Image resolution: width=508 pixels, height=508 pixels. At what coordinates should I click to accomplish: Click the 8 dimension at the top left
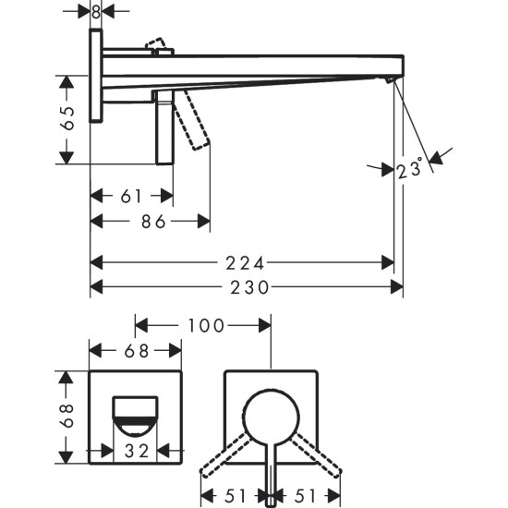coord(96,11)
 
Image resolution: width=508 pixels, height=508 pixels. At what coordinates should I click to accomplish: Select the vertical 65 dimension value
coord(67,120)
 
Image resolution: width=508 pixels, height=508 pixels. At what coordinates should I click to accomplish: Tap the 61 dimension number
coord(131,196)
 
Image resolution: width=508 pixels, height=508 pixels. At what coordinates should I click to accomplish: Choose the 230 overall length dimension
coord(247,287)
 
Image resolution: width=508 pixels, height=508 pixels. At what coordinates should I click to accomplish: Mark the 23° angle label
coord(409,170)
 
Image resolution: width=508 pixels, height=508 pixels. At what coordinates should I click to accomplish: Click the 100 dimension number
coord(204,325)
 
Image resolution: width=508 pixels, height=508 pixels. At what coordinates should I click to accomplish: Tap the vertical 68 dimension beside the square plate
coord(67,417)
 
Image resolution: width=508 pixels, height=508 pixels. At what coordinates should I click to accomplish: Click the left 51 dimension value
coord(236,494)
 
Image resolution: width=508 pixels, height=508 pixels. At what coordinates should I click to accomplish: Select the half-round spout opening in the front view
coord(135,415)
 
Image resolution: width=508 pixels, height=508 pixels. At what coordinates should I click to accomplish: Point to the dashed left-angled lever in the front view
coord(226,452)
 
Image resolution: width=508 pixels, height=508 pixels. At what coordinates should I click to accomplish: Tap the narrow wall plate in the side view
coord(96,74)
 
